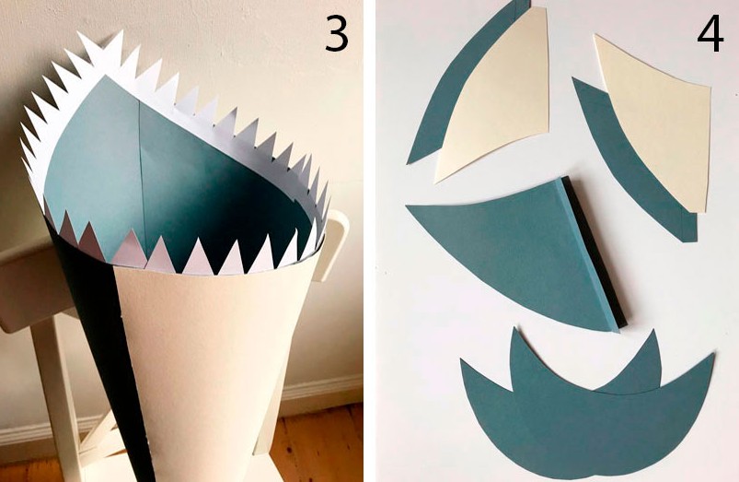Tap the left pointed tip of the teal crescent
462,360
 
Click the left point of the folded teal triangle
407,206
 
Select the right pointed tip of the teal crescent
713,354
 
